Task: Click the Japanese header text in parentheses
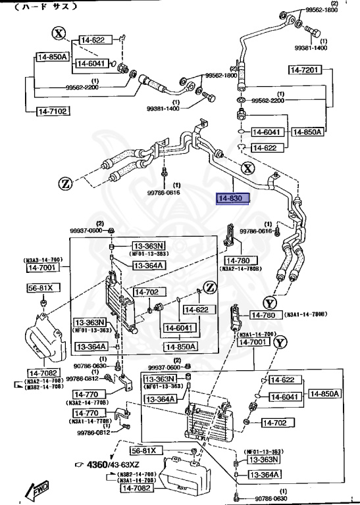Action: tap(46, 7)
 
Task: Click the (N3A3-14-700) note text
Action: tap(43, 260)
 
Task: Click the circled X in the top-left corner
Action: tap(59, 34)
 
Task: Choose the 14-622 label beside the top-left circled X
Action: tap(93, 41)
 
